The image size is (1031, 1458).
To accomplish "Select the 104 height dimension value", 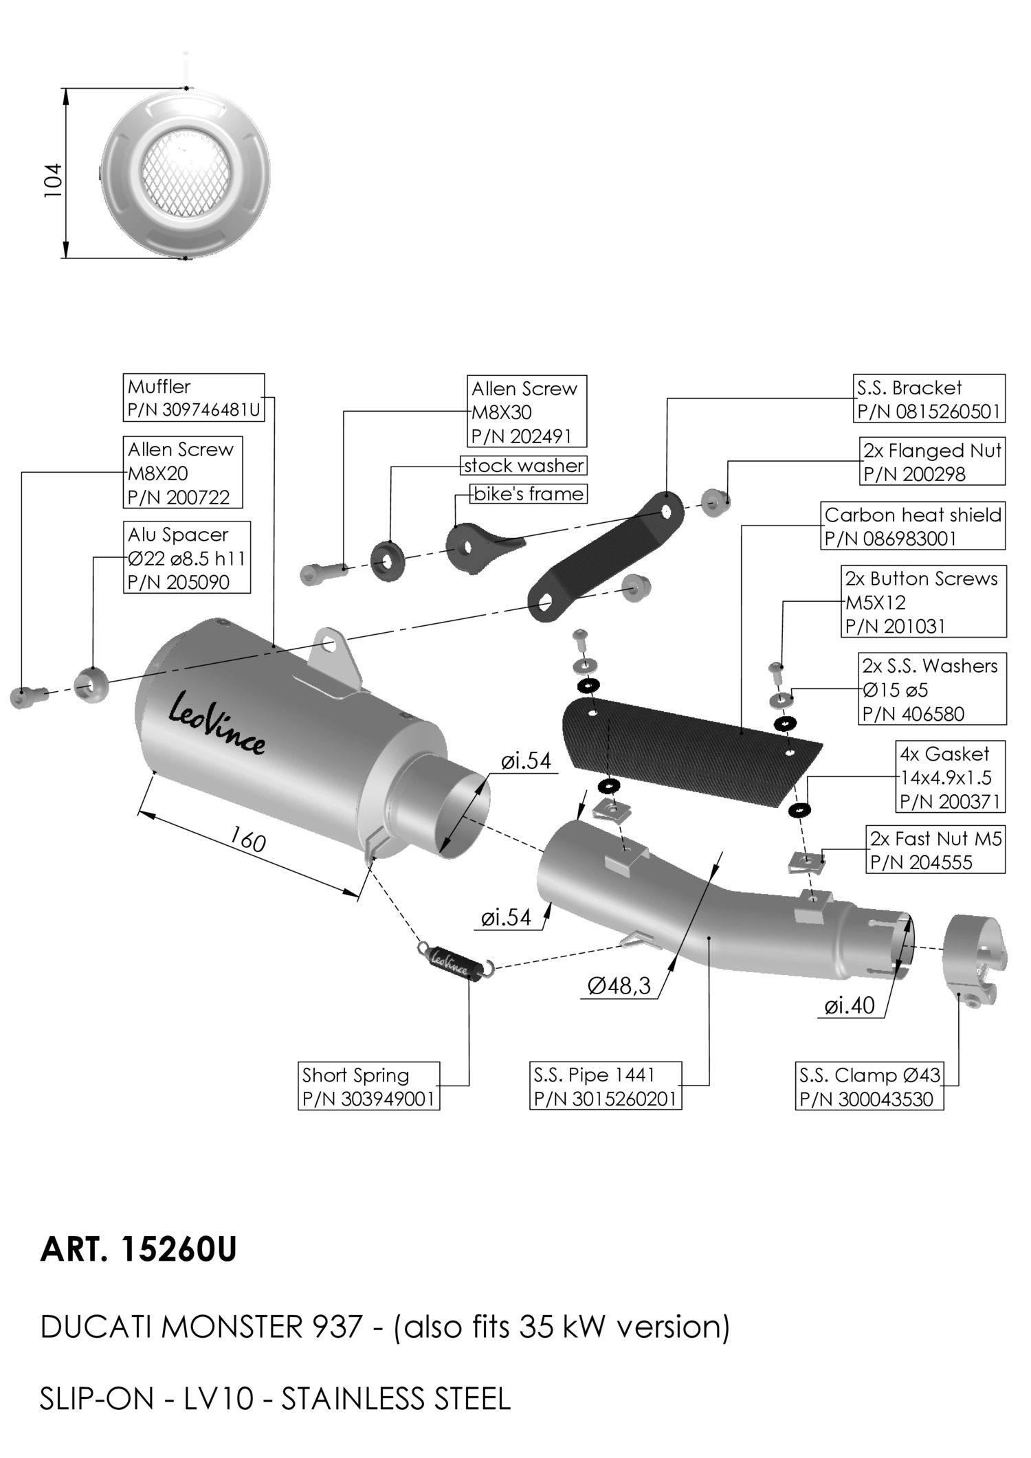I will pos(54,180).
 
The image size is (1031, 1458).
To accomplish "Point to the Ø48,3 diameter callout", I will pos(619,986).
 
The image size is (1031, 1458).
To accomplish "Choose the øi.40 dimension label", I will pos(850,1005).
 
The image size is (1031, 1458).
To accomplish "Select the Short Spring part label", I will pos(370,1086).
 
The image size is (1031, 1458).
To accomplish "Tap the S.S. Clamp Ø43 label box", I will pos(869,1086).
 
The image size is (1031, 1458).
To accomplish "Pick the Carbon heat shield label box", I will pos(913,526).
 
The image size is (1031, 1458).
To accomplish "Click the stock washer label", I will pos(524,466).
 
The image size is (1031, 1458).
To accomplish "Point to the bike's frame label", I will pos(529,493).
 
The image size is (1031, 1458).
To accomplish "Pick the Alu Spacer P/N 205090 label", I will pos(187,558).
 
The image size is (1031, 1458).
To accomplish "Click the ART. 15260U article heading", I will pos(138,1250).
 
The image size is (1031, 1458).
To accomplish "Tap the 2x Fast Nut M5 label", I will pos(935,850).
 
